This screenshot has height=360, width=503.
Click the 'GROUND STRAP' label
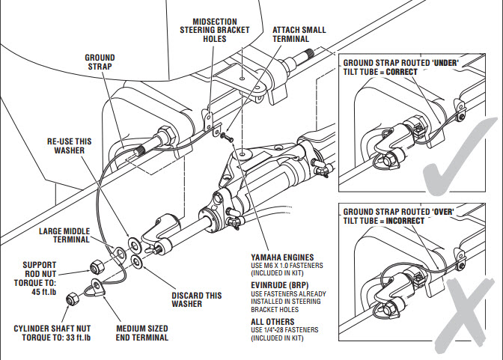[x=100, y=61]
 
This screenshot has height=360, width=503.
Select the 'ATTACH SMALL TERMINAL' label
[x=299, y=34]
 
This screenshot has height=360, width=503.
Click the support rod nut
[x=97, y=266]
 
